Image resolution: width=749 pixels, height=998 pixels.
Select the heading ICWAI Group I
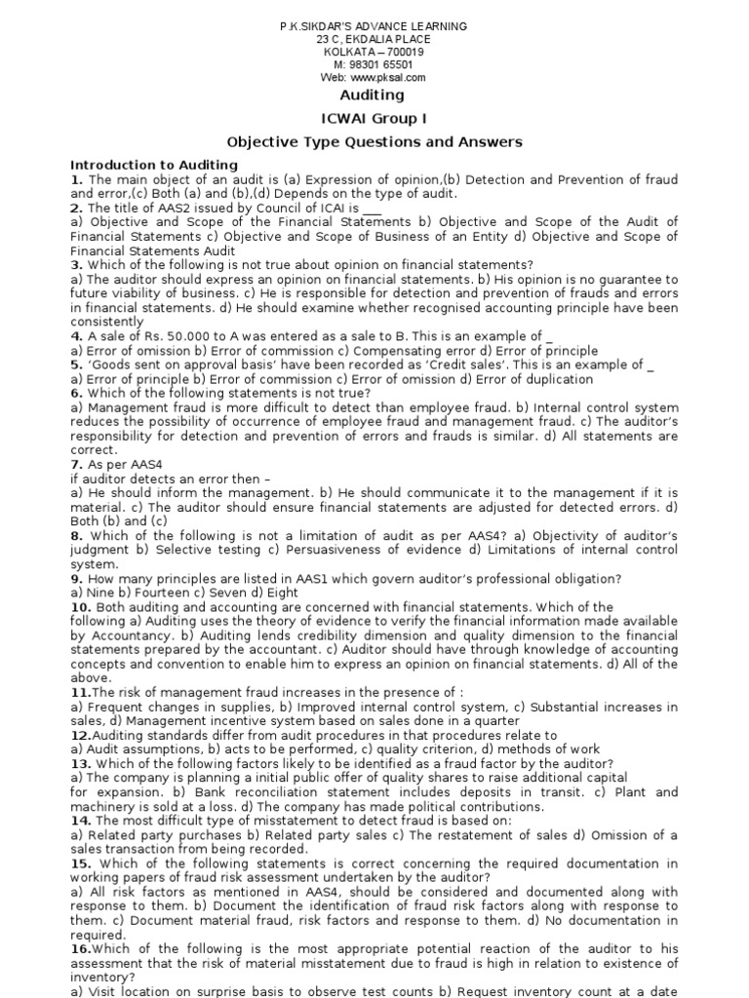[x=374, y=118]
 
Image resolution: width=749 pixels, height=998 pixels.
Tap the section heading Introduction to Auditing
[x=154, y=165]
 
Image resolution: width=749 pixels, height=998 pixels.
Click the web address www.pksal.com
[x=388, y=77]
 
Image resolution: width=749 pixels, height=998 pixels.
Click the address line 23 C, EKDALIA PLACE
[x=374, y=39]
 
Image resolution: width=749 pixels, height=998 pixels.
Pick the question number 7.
[x=76, y=465]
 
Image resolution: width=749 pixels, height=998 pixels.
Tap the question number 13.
[x=80, y=763]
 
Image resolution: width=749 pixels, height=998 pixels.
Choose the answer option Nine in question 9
[x=99, y=593]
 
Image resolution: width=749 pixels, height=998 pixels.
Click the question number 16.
[x=80, y=948]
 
